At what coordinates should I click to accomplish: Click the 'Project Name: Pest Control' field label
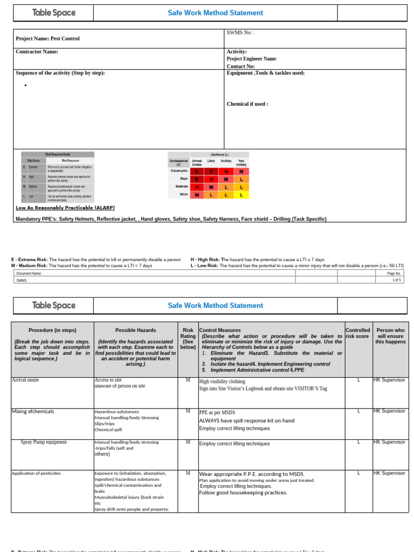coord(47,39)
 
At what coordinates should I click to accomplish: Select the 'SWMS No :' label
coord(240,33)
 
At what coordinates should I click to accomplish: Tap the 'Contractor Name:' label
coord(37,52)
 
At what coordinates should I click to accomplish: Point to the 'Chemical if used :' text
coord(247,104)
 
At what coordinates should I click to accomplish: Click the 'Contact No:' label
coord(240,66)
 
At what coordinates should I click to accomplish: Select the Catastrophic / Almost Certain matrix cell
coord(197,171)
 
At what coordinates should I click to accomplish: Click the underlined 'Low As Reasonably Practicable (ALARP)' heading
coord(65,208)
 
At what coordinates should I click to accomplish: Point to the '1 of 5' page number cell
coord(397,280)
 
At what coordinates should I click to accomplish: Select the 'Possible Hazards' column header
coord(135,330)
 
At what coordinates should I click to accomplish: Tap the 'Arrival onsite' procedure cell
coord(25,380)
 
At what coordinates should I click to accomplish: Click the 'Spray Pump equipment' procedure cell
coord(44,442)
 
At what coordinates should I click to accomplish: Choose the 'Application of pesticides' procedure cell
coord(36,473)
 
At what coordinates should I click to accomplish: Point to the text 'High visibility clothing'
coord(222,382)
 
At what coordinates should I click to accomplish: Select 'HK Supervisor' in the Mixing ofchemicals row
coord(389,411)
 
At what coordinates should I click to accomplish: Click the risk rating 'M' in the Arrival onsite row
coord(188,380)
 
